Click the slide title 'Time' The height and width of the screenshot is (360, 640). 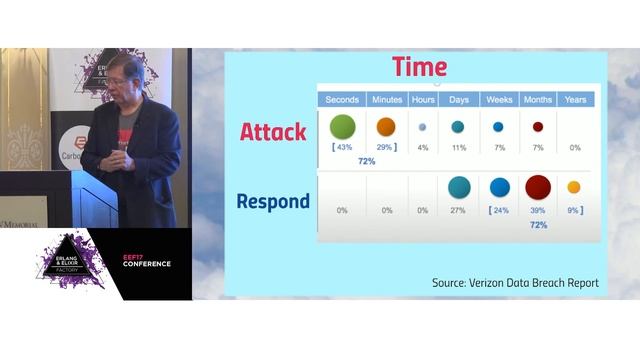point(419,67)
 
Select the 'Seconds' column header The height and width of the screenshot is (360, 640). point(342,100)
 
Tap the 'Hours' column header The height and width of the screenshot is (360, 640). point(422,100)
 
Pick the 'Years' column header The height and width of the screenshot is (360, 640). point(575,100)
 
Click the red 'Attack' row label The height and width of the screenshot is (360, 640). point(273,131)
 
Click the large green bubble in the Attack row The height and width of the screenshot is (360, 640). point(343,126)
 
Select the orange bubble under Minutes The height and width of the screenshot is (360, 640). point(385,127)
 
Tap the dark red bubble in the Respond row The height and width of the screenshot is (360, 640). point(538,187)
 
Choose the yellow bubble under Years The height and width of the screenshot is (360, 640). point(574,187)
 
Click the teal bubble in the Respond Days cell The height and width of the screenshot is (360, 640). point(459,187)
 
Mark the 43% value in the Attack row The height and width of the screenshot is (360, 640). point(344,147)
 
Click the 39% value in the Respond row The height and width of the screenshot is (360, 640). point(538,210)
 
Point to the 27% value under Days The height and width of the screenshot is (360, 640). point(459,210)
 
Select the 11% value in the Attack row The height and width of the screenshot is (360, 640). point(459,147)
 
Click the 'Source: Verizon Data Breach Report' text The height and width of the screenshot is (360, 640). point(515,283)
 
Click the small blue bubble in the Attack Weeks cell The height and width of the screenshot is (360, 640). point(498,127)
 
